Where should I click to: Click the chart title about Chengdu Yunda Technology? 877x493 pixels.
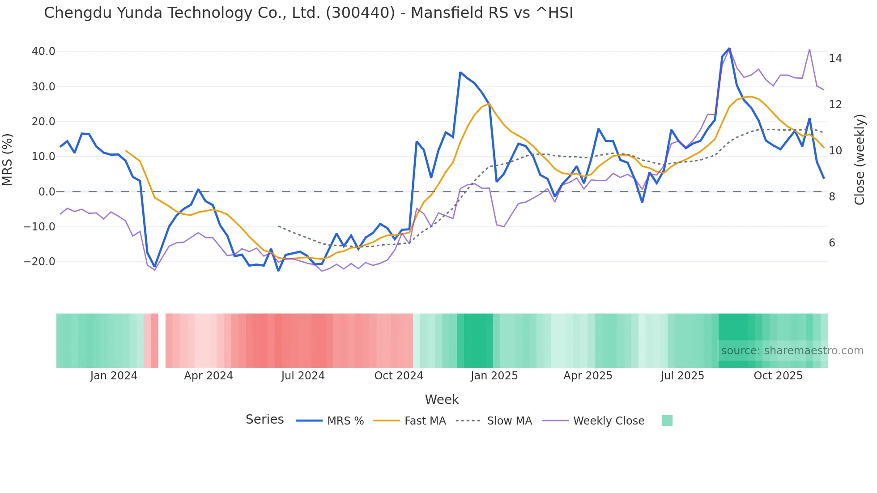[308, 13]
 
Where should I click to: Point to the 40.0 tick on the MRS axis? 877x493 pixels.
[43, 51]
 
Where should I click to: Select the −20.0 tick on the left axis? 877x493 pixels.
[40, 262]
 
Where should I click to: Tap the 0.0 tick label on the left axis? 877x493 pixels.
[47, 192]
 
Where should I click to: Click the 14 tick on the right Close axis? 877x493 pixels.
[835, 59]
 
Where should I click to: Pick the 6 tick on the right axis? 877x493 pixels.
[832, 243]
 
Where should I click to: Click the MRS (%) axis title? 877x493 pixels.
[8, 159]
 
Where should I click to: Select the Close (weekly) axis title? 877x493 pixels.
[860, 159]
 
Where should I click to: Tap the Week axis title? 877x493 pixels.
[442, 399]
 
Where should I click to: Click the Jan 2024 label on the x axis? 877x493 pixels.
[114, 376]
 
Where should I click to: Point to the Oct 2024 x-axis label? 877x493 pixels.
[399, 376]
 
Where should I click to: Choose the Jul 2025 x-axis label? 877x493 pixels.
[682, 376]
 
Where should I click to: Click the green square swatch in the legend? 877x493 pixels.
[667, 421]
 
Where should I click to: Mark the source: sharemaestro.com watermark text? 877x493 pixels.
[792, 351]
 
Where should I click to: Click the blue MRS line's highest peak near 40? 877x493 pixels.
[729, 48]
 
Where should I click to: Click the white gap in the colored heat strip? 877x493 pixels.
[162, 340]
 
